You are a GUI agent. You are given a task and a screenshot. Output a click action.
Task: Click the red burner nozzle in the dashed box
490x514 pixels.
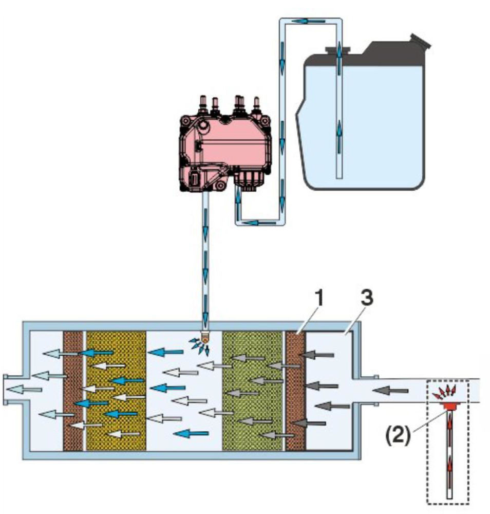[x=449, y=406]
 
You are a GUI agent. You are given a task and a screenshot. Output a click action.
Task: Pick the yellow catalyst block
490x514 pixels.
[x=117, y=391]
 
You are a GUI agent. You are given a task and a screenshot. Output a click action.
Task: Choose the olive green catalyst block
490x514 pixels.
[x=252, y=391]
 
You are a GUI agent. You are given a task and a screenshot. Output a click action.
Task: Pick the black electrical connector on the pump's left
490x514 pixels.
[x=196, y=180]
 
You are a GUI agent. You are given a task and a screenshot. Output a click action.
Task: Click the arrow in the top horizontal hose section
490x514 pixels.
[x=306, y=21]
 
